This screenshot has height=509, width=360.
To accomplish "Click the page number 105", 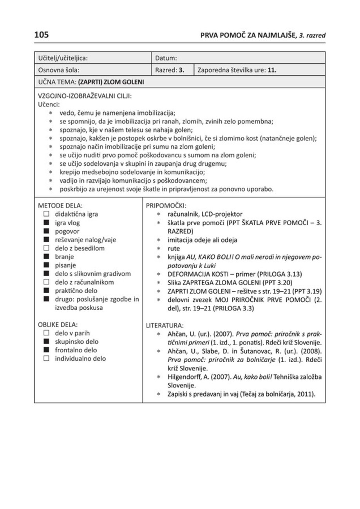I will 42,35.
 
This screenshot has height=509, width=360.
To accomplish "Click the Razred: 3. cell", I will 170,70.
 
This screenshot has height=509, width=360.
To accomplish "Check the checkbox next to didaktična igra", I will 46,214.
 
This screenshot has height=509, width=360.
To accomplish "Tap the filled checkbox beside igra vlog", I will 46,223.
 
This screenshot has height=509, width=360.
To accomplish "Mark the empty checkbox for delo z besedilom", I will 46,248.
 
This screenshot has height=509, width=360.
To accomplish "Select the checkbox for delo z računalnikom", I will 46,282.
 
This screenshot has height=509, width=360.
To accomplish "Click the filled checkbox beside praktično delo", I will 46,291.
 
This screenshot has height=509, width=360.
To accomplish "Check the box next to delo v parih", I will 46,333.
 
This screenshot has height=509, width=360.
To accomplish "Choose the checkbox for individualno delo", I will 46,358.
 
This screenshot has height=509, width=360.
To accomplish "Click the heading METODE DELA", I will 61,206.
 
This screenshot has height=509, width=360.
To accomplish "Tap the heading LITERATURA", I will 165,325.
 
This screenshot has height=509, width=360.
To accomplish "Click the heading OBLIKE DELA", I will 58,325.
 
